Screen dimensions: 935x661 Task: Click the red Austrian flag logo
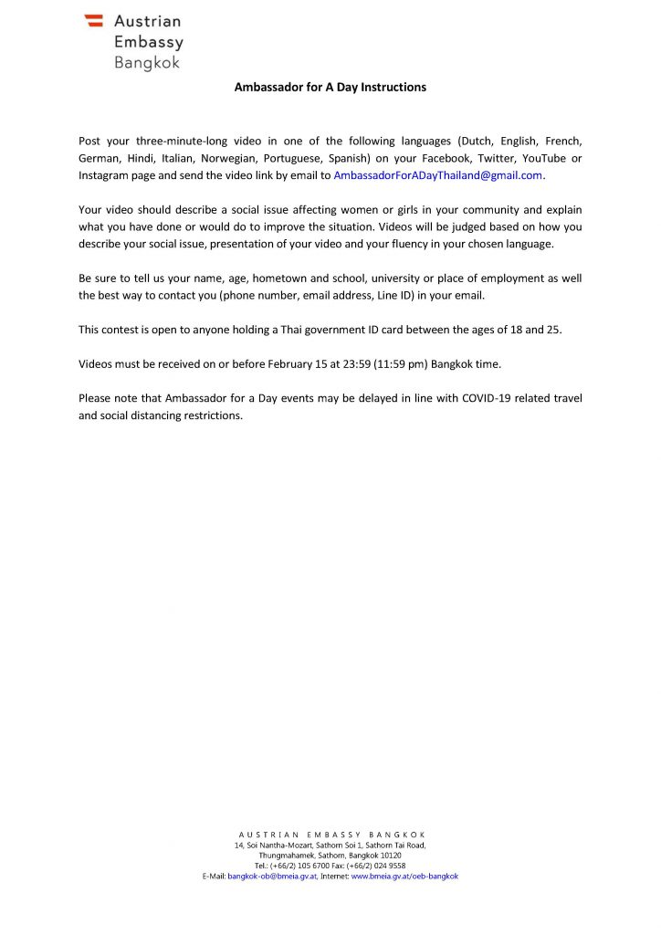click(93, 21)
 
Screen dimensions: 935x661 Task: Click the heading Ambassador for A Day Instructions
click(330, 88)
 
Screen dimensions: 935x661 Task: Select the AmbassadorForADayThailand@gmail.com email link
click(438, 174)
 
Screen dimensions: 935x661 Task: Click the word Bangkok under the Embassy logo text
click(147, 63)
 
